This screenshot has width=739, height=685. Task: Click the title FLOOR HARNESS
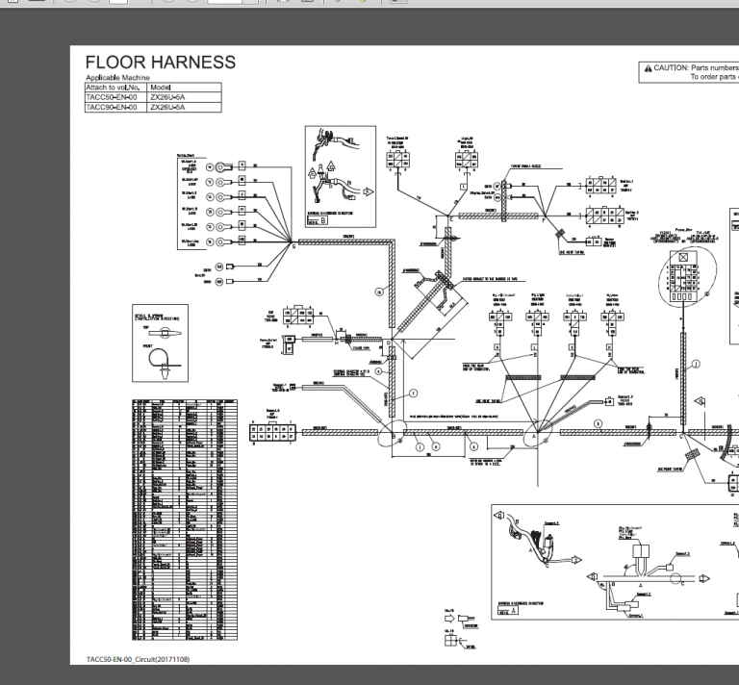[160, 63]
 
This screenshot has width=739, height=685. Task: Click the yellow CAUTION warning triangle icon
[648, 68]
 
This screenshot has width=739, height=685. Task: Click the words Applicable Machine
[117, 78]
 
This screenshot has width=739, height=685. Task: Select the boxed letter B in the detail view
[323, 218]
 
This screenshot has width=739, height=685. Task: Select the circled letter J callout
[696, 364]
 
